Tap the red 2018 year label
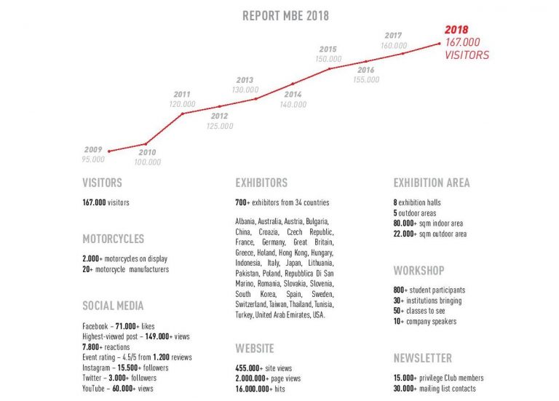(457, 31)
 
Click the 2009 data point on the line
(108, 151)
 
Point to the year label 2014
(293, 95)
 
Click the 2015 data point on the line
(329, 68)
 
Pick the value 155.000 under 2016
(365, 80)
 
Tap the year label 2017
(393, 35)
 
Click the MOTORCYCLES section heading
(113, 239)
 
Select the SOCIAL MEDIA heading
(113, 306)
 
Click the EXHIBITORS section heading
(261, 183)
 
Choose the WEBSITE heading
(255, 349)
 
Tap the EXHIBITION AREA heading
(432, 183)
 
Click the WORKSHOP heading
(419, 271)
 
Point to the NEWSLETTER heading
(422, 358)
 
